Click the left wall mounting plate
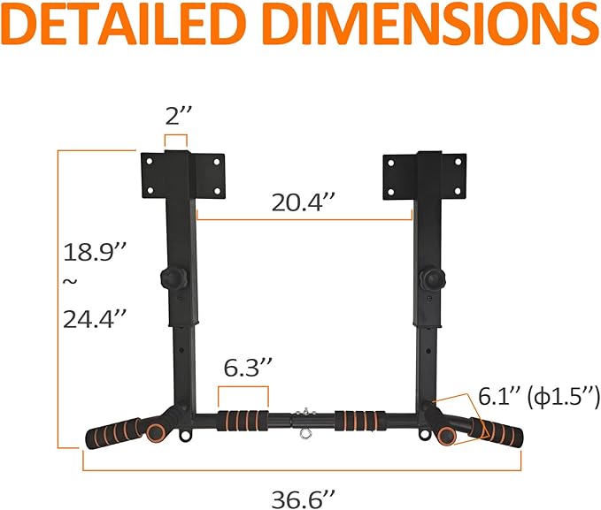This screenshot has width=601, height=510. pos(181,175)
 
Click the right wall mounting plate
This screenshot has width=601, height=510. pos(423,175)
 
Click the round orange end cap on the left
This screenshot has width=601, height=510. pos(156,433)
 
